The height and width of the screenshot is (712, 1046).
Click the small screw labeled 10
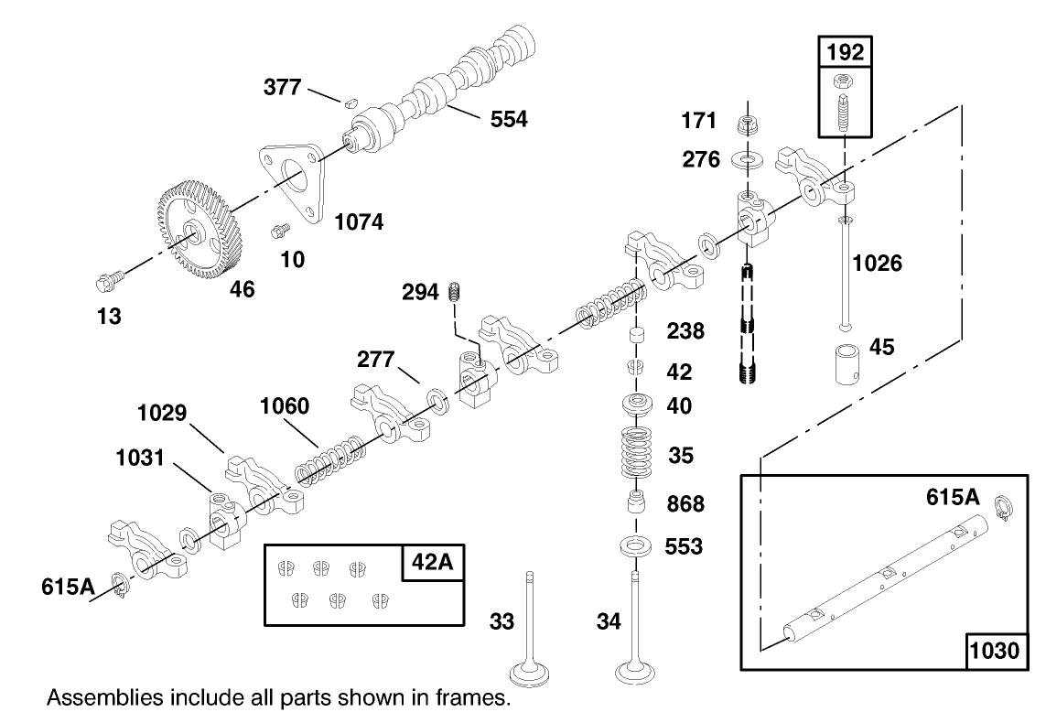pos(278,228)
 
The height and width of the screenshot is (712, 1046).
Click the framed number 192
pos(845,52)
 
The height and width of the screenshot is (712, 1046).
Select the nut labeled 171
pos(748,122)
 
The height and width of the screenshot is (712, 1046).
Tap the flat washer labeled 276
pos(748,160)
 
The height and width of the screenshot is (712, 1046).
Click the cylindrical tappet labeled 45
pos(846,365)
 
